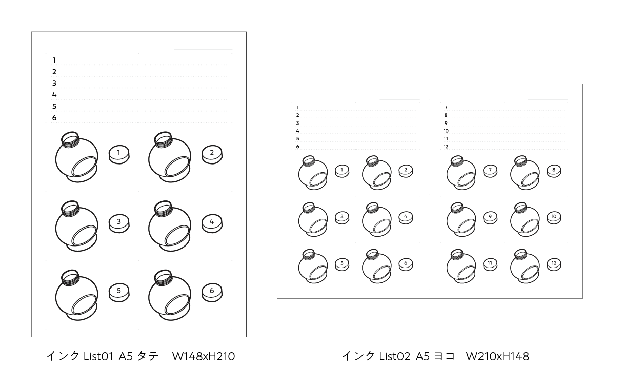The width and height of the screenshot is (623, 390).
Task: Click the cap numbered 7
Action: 490,170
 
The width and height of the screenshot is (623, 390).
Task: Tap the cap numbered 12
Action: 554,264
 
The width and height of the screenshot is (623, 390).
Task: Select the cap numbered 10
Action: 554,217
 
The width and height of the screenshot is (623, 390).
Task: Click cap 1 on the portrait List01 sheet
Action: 119,153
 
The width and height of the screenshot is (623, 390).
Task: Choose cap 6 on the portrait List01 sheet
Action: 212,292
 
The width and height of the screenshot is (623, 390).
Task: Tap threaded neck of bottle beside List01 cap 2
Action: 163,139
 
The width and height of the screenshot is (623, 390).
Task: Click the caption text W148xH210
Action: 203,356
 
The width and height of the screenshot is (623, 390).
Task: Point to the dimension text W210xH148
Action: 497,356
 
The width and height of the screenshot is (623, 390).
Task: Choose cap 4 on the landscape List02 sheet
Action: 405,217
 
